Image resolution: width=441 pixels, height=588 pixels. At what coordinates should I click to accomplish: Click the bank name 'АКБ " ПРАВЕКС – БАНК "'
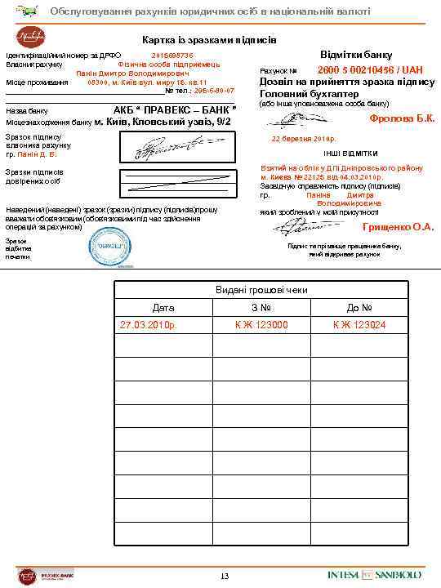pos(176,109)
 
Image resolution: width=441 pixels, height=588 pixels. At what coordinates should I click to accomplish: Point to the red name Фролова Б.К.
pos(402,118)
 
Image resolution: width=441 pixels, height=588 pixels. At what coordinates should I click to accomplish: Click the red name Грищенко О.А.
pos(399,227)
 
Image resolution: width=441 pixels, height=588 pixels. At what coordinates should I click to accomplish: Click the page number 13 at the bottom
pos(225,577)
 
